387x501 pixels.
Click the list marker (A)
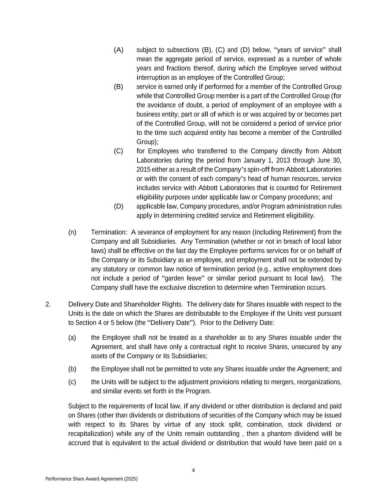pos(118,50)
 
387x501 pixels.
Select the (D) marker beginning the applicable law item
pos(118,206)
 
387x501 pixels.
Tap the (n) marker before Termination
pos(72,232)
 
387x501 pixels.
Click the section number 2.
pos(48,304)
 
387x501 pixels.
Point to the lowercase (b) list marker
pos(72,369)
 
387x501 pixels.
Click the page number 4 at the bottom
pos(193,471)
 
